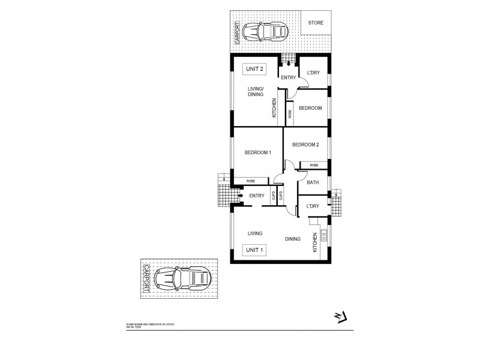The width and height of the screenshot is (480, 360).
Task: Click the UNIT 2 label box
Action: click(x=254, y=69)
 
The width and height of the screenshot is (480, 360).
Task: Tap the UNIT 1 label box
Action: click(x=254, y=250)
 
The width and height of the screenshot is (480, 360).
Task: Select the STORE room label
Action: click(x=315, y=23)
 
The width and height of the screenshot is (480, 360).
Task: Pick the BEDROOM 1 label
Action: click(x=258, y=152)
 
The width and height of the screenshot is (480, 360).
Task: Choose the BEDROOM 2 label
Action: click(x=305, y=145)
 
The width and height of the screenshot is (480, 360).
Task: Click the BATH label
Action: click(x=313, y=182)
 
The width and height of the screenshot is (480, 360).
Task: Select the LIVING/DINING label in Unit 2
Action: click(x=256, y=91)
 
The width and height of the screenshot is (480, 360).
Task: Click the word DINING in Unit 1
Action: click(x=293, y=239)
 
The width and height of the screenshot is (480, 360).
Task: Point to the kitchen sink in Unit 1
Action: click(x=323, y=236)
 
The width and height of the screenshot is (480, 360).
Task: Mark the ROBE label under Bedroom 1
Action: click(x=250, y=181)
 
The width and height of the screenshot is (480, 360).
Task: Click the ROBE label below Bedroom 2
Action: click(x=314, y=165)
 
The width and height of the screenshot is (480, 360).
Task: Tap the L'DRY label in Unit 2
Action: click(x=313, y=73)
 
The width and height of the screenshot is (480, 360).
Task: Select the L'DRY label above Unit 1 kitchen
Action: click(x=312, y=206)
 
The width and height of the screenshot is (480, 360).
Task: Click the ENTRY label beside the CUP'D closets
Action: click(x=257, y=196)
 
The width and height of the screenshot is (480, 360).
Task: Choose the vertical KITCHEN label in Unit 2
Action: click(x=274, y=107)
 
